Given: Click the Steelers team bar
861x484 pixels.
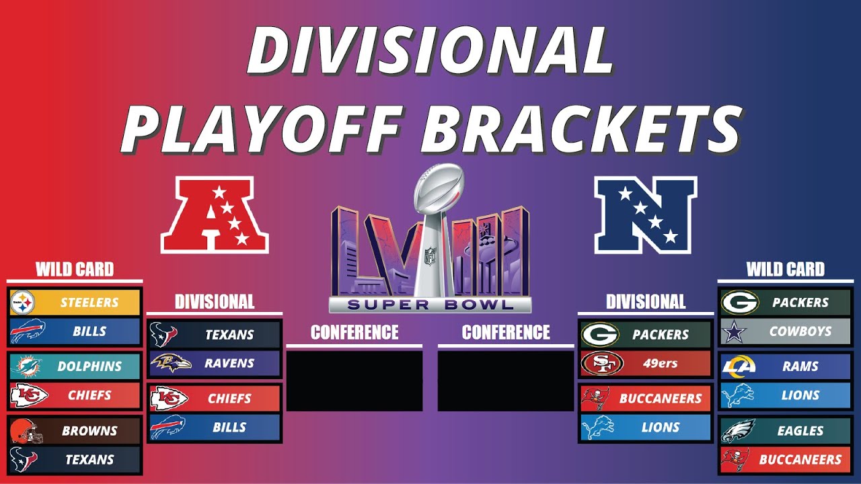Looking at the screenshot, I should click(75, 302).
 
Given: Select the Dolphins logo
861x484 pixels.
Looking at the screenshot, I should click(26, 366).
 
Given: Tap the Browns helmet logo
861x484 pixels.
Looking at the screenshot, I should click(26, 431).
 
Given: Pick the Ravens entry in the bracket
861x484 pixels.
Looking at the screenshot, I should click(215, 364).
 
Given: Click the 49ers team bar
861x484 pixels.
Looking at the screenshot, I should click(646, 364).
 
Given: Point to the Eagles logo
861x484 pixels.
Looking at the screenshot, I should click(738, 431).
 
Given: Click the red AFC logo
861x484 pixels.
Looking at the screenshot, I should click(215, 214).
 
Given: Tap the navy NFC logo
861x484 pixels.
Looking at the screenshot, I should click(646, 214).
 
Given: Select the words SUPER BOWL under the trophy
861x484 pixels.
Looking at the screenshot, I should click(430, 305).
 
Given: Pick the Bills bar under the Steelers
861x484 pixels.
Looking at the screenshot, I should click(75, 331).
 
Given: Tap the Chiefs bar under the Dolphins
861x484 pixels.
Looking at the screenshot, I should click(75, 395).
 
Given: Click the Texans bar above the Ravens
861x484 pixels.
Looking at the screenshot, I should click(215, 334).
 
